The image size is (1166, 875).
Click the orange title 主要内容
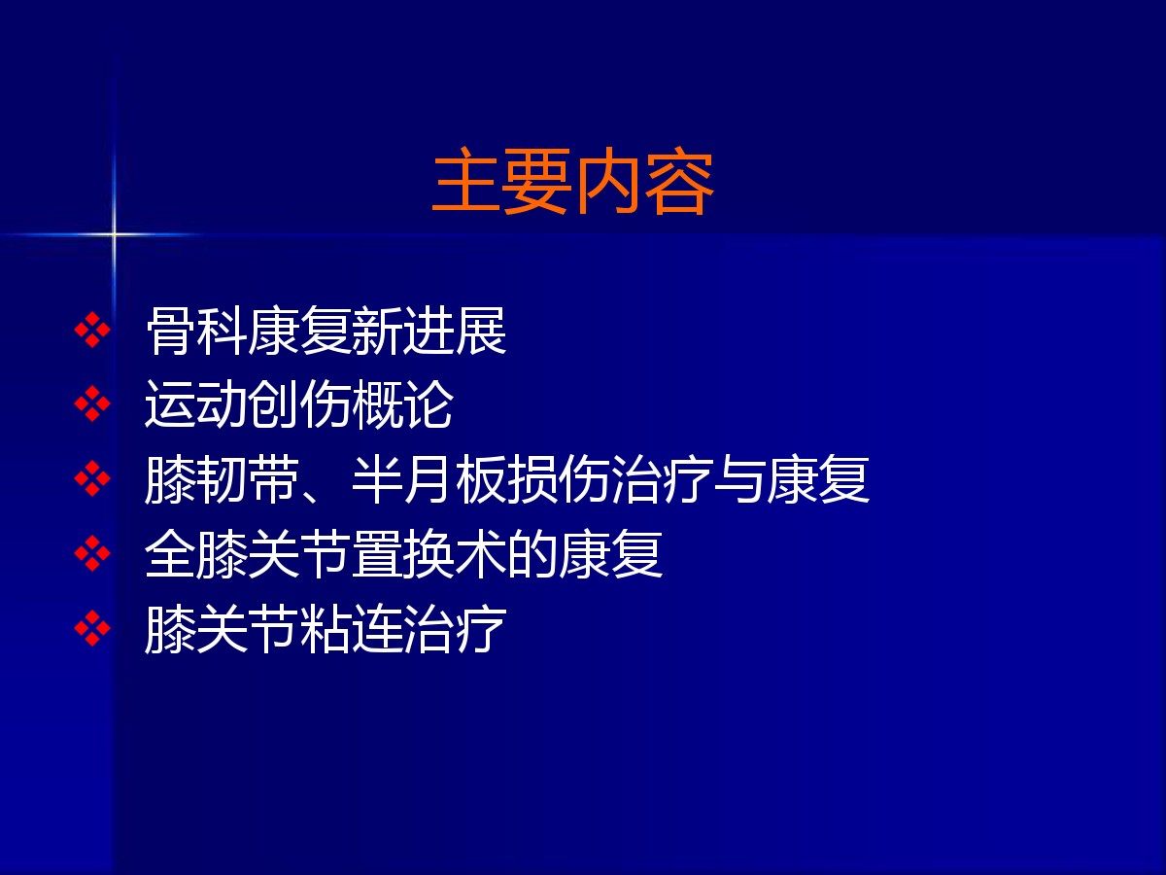(x=572, y=181)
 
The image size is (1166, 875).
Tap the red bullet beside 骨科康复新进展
(x=92, y=330)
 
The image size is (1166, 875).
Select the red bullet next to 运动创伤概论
(x=92, y=403)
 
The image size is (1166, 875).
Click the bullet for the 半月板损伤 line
(x=92, y=478)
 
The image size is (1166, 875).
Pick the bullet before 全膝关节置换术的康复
(x=92, y=553)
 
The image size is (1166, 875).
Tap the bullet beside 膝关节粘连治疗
(x=92, y=628)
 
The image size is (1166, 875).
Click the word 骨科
(x=196, y=331)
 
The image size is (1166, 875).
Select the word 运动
(x=196, y=404)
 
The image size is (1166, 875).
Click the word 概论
(x=402, y=404)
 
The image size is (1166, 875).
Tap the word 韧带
(x=248, y=479)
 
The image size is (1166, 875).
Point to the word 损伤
(x=558, y=479)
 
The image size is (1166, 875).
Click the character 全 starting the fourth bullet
(x=170, y=554)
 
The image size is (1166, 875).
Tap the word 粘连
(x=351, y=629)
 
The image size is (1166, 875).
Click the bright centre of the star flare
(x=114, y=233)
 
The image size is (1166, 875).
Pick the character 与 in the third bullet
(x=738, y=479)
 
